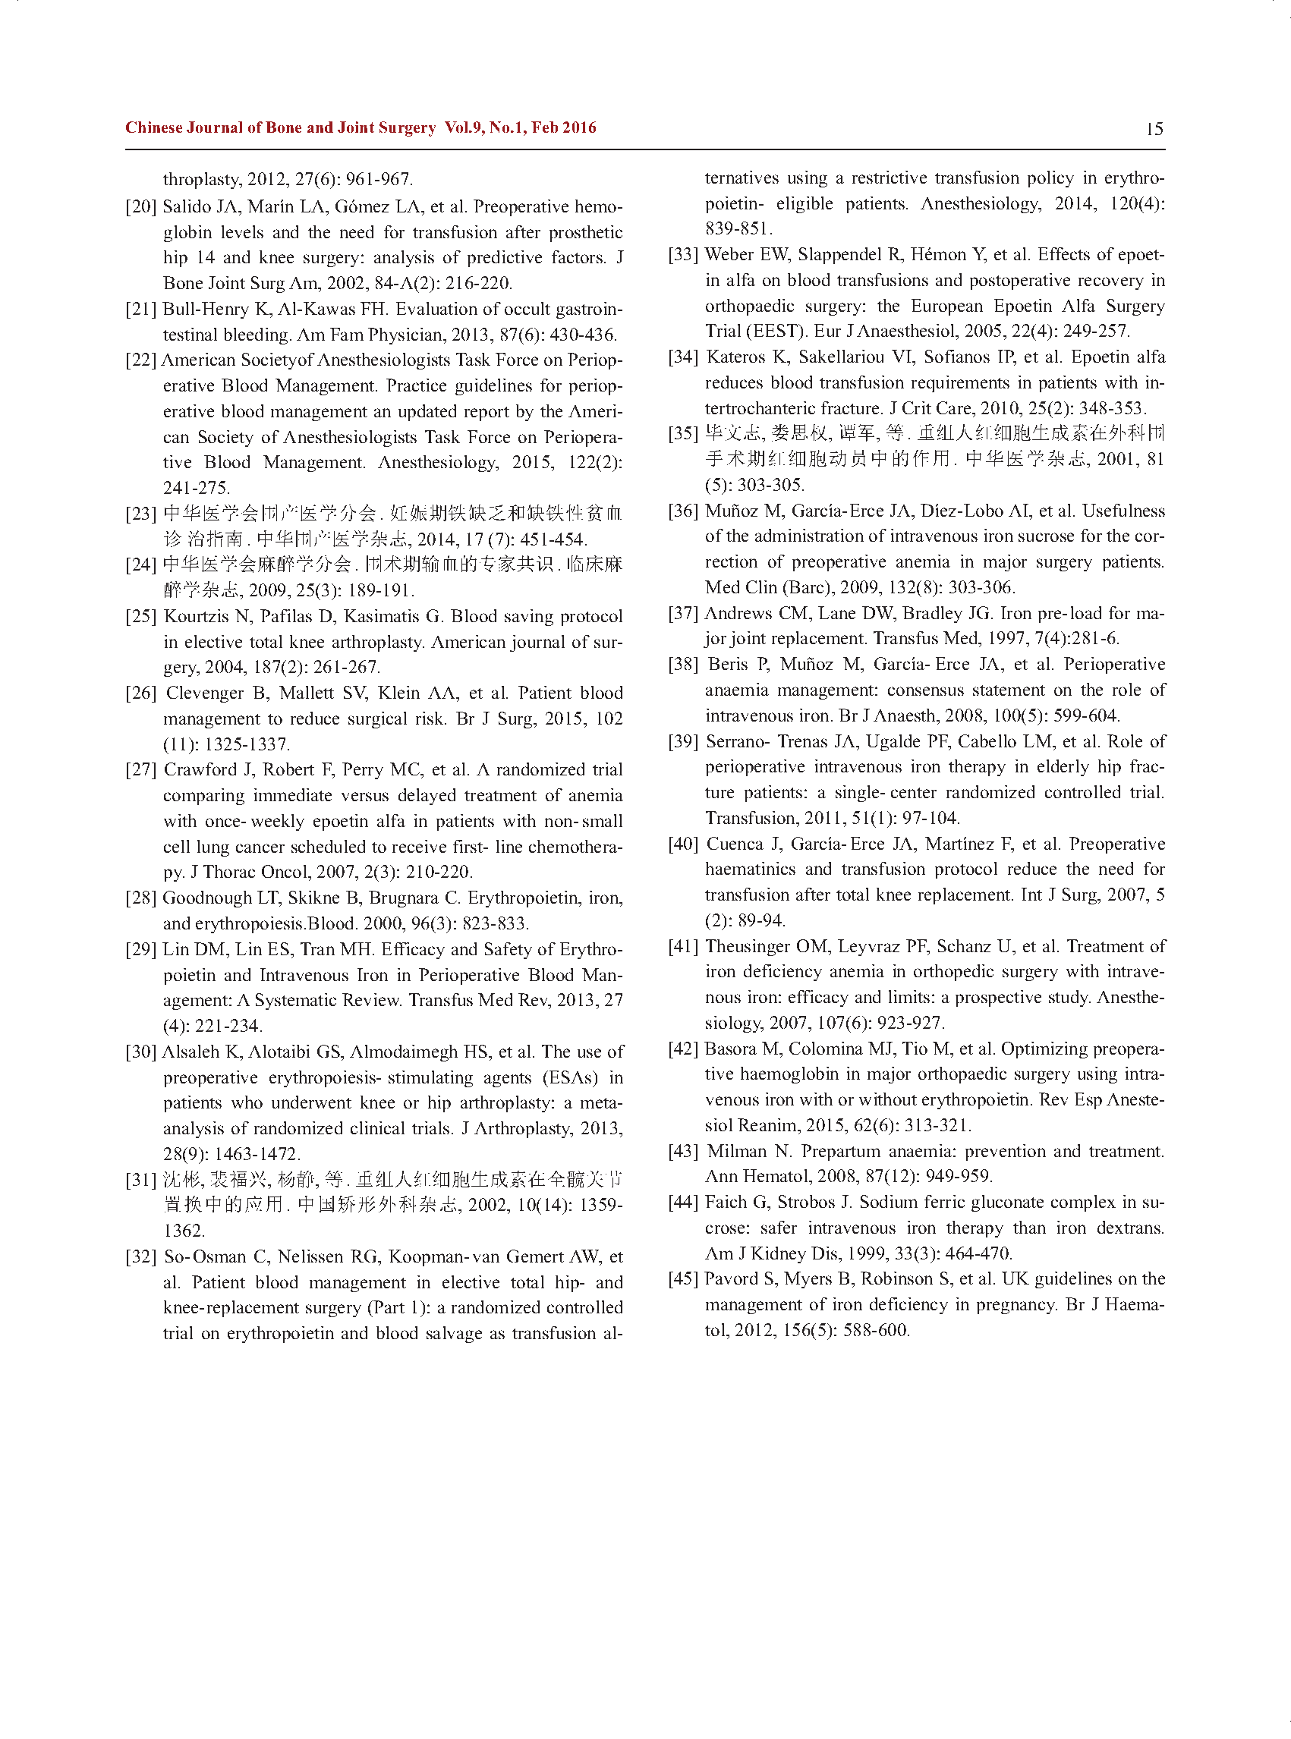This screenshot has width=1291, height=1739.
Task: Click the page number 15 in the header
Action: click(1154, 129)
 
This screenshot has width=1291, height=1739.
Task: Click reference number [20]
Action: click(140, 207)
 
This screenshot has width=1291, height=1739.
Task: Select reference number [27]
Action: click(140, 770)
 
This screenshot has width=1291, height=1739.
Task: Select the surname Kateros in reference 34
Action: click(736, 357)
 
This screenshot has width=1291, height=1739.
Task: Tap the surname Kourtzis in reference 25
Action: click(195, 616)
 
